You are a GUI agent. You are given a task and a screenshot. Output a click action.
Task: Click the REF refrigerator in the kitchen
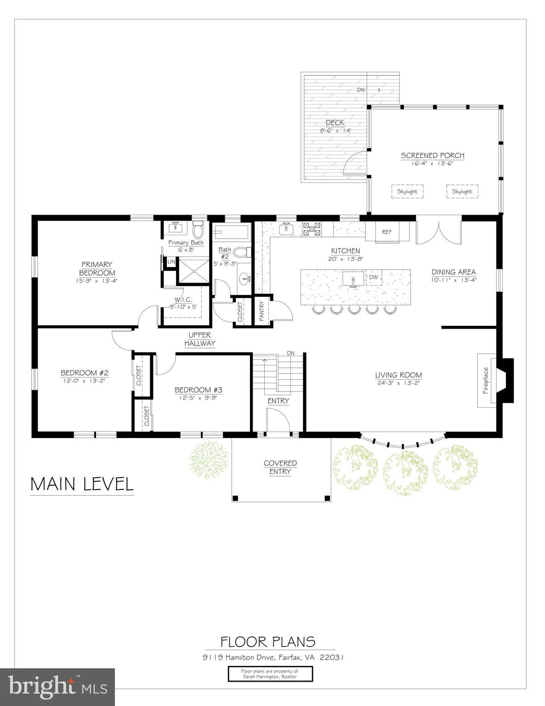click(x=386, y=232)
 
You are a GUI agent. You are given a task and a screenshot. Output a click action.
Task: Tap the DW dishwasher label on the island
click(x=374, y=277)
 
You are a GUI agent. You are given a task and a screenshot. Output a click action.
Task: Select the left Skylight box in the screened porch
click(x=408, y=192)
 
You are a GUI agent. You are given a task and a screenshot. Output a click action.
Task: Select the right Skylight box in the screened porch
click(x=462, y=192)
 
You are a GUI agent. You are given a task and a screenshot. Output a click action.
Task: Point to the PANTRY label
click(x=261, y=312)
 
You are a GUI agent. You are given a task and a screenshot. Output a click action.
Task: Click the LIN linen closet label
click(x=171, y=262)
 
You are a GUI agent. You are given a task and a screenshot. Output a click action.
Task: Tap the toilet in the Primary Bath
click(x=198, y=228)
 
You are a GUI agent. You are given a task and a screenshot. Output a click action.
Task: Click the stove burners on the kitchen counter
click(x=311, y=229)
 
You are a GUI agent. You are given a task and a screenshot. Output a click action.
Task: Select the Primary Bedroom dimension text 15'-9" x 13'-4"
click(x=97, y=280)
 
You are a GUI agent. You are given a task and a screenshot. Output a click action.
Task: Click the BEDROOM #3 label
click(x=199, y=390)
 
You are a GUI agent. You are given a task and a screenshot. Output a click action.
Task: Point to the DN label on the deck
click(x=361, y=90)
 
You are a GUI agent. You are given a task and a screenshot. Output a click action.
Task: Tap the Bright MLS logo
click(x=58, y=687)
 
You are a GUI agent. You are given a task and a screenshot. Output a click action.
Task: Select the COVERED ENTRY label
click(x=280, y=467)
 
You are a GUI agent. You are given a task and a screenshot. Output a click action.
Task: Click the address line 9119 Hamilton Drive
click(x=273, y=657)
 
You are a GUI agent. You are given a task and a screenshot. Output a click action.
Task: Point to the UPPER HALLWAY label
click(x=199, y=339)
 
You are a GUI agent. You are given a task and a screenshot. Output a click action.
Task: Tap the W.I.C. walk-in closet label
click(x=182, y=303)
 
